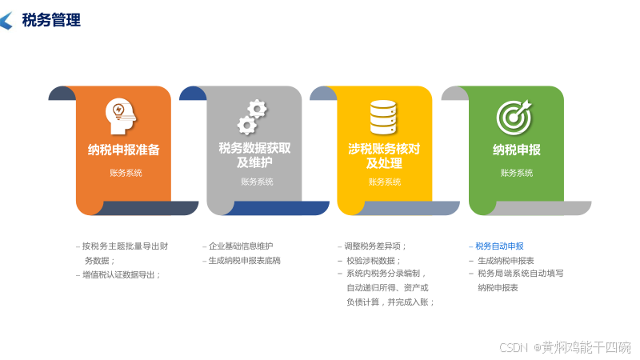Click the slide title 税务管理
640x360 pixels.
pos(51,21)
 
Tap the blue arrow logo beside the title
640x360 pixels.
pos(6,21)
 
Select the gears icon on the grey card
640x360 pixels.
pos(253,117)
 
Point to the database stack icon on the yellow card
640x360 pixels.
pos(383,117)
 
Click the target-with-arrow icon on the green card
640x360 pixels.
pos(514,117)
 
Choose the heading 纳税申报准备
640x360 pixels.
pos(124,150)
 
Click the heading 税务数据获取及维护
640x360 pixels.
pos(254,155)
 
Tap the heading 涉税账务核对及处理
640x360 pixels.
pos(384,155)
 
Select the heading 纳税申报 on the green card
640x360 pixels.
pos(516,150)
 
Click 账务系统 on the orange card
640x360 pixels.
pos(126,173)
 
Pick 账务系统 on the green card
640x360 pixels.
pos(516,173)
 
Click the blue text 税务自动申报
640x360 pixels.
pos(499,246)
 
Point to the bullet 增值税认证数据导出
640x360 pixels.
pos(121,274)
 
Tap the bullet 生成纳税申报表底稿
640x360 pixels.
pos(244,261)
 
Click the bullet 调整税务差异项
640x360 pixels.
pos(376,246)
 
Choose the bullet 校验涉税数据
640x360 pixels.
pos(373,261)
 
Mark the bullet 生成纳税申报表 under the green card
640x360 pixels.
pos(506,261)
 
